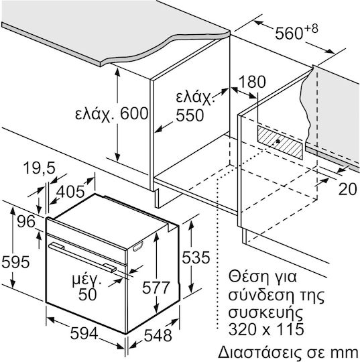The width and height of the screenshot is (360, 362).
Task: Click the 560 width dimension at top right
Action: [289, 34]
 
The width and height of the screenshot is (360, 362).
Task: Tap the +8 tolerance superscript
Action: [311, 29]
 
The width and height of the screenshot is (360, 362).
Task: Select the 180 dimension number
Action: [252, 82]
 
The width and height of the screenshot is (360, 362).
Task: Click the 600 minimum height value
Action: [134, 113]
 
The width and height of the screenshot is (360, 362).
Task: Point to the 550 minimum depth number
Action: [190, 115]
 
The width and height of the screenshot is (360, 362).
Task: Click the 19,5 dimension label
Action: [40, 168]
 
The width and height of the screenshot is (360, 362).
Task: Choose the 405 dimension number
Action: [70, 191]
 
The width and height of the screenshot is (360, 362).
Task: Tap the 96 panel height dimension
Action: [26, 221]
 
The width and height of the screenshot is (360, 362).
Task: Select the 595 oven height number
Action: [15, 262]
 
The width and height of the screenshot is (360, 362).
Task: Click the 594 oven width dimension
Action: [84, 333]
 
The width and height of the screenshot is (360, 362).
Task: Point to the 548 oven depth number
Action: [158, 335]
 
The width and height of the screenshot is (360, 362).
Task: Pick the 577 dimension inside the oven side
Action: [156, 288]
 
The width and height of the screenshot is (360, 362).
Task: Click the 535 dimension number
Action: [196, 257]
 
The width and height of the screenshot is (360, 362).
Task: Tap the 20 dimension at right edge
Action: [348, 189]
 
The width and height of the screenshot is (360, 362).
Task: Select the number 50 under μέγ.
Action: [88, 294]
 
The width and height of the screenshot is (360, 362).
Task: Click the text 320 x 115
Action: [266, 328]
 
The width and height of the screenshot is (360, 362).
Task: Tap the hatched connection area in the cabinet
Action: [280, 142]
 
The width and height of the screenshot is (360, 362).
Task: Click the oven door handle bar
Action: [82, 256]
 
